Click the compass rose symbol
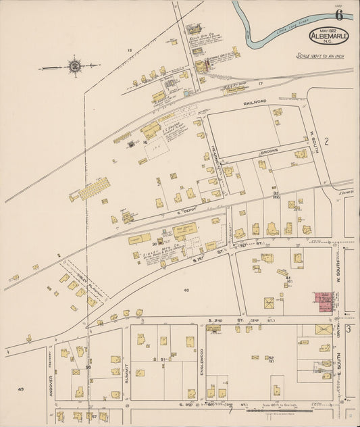point(73,66)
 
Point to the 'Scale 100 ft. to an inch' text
point(320,56)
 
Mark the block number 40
point(186,290)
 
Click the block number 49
point(21,389)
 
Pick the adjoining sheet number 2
point(326,141)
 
